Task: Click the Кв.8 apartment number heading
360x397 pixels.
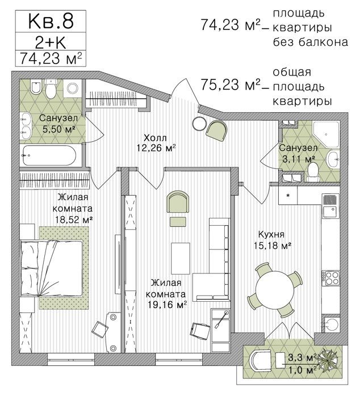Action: (51, 22)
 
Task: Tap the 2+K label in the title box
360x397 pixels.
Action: (51, 42)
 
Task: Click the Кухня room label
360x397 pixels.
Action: (271, 234)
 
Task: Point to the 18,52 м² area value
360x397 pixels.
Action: (74, 219)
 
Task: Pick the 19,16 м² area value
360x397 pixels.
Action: (168, 305)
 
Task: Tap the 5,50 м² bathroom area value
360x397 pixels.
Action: (59, 129)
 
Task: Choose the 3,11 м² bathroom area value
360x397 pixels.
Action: (299, 159)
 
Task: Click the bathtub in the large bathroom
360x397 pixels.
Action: (49, 155)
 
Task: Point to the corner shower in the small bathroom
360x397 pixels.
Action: (326, 134)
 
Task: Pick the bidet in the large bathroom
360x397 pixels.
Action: (36, 87)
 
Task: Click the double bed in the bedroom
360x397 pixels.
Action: (52, 269)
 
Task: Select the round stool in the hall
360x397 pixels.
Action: (199, 124)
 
